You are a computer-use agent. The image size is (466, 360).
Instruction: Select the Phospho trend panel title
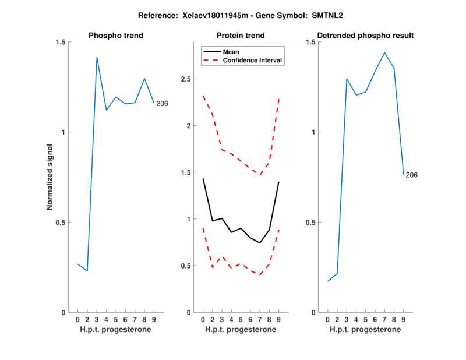[x=116, y=36]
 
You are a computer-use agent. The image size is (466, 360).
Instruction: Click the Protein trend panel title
[x=240, y=36]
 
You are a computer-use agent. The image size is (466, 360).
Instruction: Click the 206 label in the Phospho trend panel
[x=162, y=104]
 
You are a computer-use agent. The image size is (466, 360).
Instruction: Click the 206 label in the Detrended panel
[x=411, y=175]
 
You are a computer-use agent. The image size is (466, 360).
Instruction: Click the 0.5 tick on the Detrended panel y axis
[x=311, y=222]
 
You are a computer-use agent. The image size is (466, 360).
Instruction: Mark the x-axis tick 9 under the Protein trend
[x=279, y=320]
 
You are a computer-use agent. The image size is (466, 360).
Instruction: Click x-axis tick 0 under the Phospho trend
[x=78, y=320]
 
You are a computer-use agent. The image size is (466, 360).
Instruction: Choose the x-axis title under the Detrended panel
[x=365, y=329]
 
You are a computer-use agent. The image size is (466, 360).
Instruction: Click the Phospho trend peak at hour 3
[x=97, y=57]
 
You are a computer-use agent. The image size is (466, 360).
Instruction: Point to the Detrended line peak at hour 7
[x=384, y=52]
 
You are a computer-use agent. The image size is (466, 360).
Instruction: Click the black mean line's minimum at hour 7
[x=260, y=243]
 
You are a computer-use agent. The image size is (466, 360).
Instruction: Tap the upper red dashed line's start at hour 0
[x=203, y=96]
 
